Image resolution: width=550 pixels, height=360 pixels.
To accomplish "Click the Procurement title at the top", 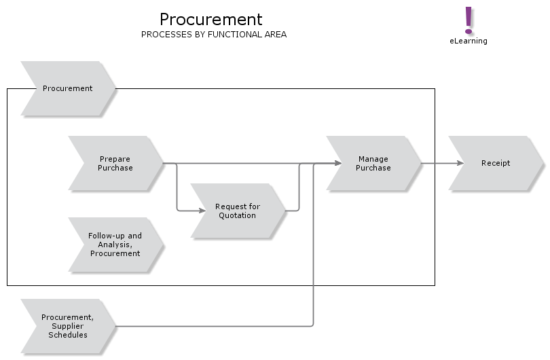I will coord(210,19).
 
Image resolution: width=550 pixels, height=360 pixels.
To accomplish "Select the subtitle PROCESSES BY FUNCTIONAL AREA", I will coord(213,35).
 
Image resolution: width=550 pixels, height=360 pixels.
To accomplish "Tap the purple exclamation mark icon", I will coord(468,20).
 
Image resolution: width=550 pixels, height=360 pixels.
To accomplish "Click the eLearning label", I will coord(468,41).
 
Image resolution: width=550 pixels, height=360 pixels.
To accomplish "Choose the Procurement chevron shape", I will coord(68,88).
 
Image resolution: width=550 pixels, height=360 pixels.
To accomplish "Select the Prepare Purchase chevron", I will coord(115,163).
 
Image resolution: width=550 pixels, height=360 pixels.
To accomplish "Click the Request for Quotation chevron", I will coord(238,211).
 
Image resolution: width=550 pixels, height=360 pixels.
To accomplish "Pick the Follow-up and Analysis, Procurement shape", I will coord(115,245).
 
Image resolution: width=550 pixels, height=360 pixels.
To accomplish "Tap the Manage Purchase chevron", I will coord(373,163).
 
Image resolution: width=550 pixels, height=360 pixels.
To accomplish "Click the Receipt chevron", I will coord(496,163).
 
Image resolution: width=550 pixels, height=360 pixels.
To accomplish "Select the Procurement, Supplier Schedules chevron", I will coord(68,326).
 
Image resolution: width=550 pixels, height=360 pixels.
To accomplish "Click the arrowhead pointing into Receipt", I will coord(460,163).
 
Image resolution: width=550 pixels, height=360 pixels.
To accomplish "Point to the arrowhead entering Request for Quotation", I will coord(202,211).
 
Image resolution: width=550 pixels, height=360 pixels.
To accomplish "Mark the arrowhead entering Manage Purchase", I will coord(337,163).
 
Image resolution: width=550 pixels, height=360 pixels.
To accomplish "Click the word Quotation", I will coord(237,215).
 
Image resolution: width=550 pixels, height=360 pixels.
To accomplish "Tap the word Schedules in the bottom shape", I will coord(67,335).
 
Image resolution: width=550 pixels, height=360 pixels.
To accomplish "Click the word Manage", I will coord(373,159).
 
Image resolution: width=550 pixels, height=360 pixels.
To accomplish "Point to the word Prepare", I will coord(115,159).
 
